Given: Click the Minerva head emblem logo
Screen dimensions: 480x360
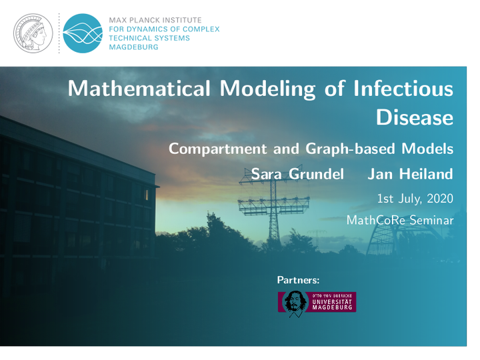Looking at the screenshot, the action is pos(33,33).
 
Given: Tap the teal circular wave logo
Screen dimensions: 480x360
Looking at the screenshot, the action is pos(83,33).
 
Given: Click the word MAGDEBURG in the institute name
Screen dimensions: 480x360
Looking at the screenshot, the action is pos(134,47).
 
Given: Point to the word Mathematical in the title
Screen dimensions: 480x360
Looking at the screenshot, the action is pos(139,89).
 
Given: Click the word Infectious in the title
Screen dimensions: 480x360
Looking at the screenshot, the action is pos(403,89).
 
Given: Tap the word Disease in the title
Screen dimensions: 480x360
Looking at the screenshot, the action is pos(415,117).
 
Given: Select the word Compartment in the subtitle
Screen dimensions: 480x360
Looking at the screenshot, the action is pos(217,149).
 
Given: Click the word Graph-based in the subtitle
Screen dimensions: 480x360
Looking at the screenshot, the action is pos(350,149).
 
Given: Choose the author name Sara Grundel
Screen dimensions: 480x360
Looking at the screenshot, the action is pos(297,174).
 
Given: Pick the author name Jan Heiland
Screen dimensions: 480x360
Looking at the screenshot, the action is pos(410,174).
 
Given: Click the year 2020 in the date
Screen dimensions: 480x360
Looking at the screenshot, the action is pos(440,199).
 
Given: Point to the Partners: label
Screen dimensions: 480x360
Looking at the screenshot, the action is pos(298,280).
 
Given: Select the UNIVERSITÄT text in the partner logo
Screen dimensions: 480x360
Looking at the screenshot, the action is pos(332,302).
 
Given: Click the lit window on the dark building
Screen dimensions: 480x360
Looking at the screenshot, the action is pos(146,195).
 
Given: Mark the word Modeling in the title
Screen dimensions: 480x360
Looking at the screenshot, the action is pos(267,89).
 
